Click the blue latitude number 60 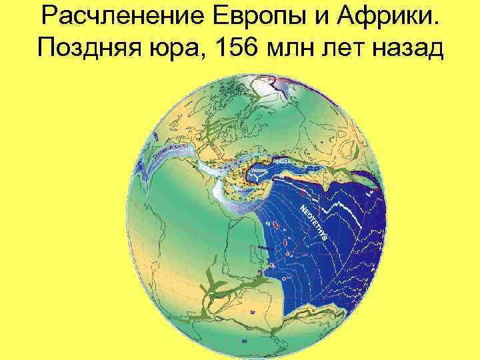tap(245, 341)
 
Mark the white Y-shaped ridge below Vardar tap(261, 177)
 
